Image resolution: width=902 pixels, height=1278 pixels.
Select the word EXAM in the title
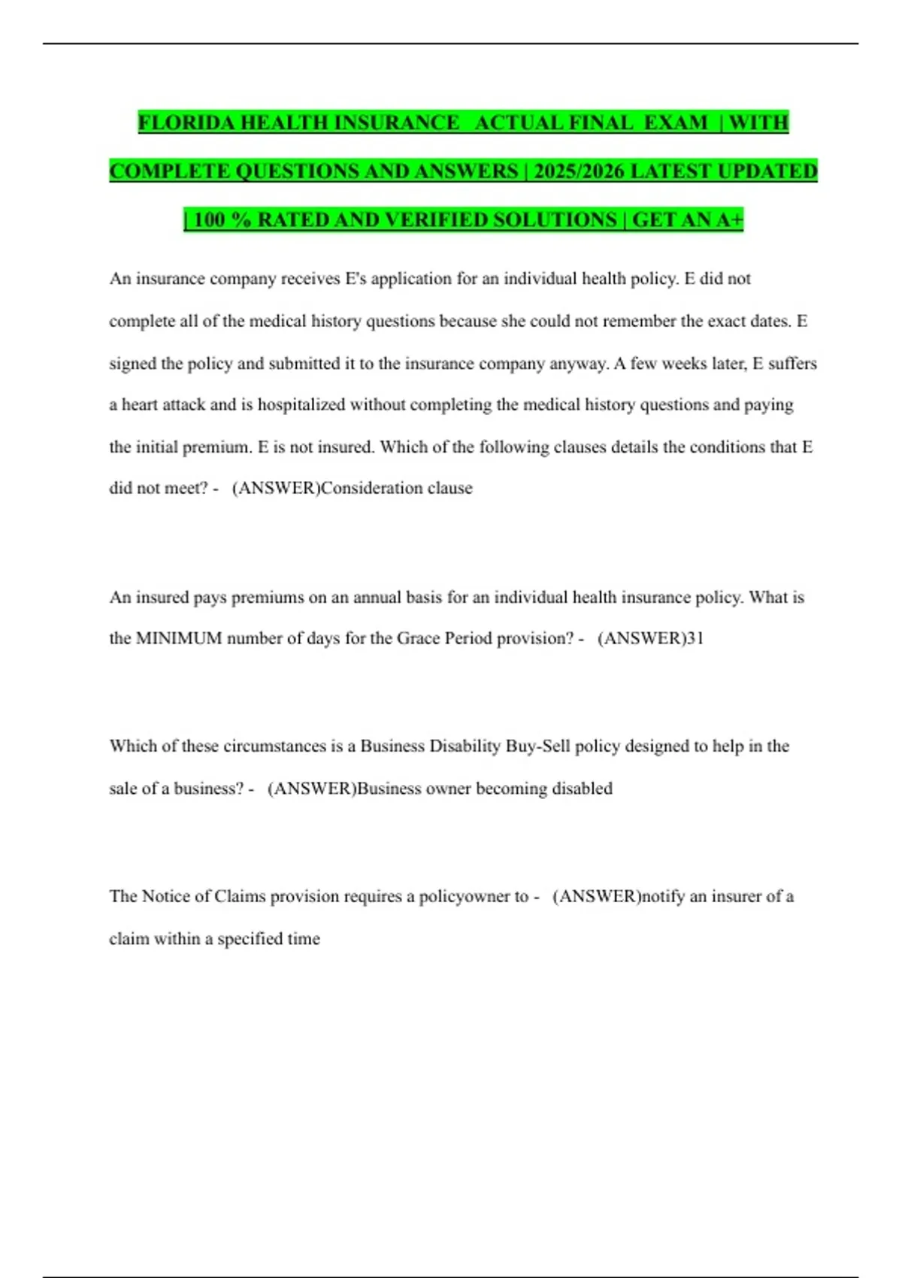click(676, 123)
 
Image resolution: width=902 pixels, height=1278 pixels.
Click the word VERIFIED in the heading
click(437, 220)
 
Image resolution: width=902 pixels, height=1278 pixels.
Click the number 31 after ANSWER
click(695, 638)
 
